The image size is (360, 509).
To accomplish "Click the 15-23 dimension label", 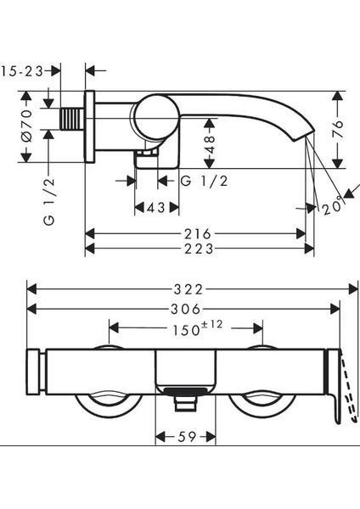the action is (22, 71).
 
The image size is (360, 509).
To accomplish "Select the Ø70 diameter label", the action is (27, 126).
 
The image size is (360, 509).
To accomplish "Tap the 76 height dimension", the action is (338, 129).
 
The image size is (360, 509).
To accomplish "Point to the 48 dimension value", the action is (211, 144).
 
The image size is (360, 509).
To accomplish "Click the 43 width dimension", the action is (156, 208).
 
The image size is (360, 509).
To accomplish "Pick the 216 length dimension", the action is (198, 234).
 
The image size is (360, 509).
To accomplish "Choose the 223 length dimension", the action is (199, 249).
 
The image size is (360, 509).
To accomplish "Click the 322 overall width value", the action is (188, 289).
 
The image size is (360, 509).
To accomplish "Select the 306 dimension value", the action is (186, 309).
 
